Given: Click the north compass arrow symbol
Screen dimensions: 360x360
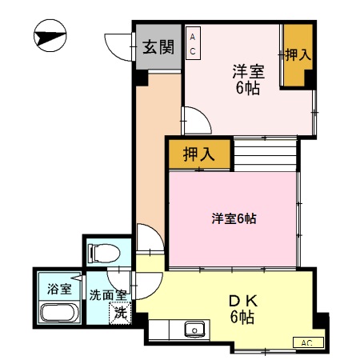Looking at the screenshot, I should [50, 38].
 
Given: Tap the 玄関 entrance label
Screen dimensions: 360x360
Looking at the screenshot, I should [158, 46].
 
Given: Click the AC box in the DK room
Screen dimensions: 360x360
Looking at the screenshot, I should [306, 342].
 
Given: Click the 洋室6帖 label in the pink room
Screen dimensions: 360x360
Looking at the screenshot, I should [233, 218].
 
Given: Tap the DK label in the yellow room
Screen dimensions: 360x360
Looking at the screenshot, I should [242, 302].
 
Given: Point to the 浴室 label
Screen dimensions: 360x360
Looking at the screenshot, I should [58, 287].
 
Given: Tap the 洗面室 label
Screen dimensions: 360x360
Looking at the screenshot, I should [107, 294].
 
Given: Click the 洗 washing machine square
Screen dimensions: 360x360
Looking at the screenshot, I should [120, 313].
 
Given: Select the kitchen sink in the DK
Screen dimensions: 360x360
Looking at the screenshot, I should [193, 330].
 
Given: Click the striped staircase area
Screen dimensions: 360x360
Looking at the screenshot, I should [266, 153].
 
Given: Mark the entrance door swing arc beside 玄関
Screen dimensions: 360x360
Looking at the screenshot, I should [118, 43].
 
